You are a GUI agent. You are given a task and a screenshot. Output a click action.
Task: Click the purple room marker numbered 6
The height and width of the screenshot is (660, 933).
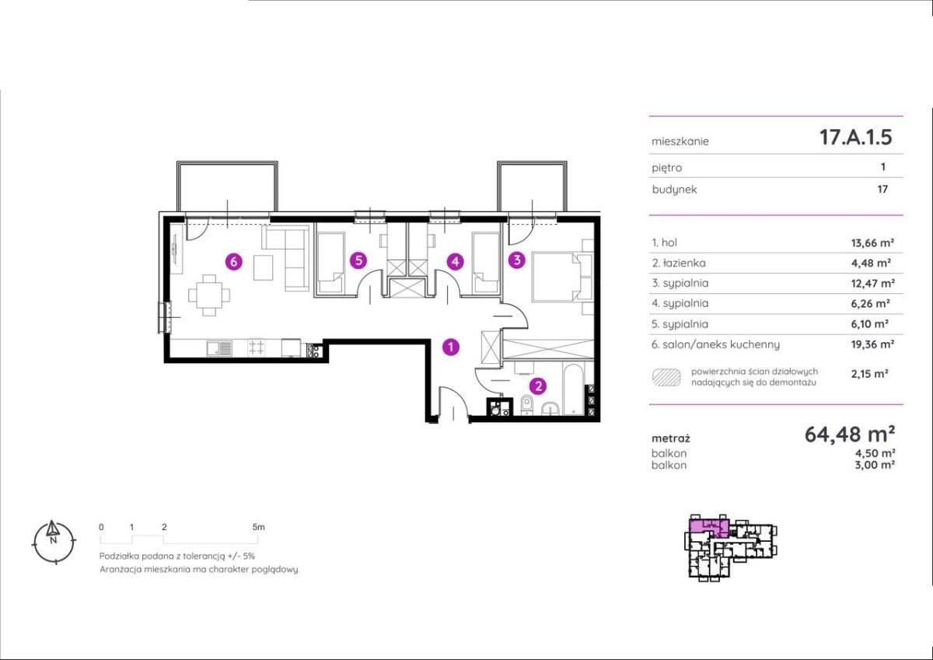coord(233,262)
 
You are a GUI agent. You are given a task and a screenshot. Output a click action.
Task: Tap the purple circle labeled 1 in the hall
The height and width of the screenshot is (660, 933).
coord(451,347)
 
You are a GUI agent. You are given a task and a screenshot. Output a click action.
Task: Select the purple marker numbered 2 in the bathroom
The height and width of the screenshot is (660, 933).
coord(538,386)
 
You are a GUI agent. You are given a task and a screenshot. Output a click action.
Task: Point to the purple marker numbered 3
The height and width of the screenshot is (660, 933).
coord(517,260)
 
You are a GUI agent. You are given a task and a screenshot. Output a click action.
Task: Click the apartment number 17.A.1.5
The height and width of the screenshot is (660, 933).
coord(855,137)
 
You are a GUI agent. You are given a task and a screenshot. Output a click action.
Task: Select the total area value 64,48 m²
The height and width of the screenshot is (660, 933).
coord(850,435)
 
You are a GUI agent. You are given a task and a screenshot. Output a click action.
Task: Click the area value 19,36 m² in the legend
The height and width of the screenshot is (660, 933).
coord(872,344)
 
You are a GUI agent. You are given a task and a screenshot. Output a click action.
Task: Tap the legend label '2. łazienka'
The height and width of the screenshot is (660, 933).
coord(679,263)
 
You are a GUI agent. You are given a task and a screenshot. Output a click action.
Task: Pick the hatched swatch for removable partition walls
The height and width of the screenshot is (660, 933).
coord(666,377)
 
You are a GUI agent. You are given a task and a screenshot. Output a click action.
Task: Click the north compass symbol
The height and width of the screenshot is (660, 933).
coord(54,542)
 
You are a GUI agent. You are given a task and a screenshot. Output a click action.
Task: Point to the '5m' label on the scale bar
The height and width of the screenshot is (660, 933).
coord(258,527)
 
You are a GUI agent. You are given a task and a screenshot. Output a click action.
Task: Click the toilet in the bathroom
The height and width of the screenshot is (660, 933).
coord(527,405)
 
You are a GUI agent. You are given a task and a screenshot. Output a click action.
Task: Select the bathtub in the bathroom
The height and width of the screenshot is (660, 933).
coord(573,389)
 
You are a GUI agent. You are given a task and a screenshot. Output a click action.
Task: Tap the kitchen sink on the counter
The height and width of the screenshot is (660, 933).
coord(220,348)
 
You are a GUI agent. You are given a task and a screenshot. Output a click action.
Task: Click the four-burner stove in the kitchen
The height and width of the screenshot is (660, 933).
coord(257,347)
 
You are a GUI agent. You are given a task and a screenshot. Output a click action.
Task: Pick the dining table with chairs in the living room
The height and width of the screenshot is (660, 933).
coord(208,295)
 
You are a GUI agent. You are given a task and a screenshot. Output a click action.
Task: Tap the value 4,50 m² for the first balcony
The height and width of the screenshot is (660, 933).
coord(875,452)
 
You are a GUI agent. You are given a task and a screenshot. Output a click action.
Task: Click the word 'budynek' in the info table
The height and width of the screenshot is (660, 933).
coord(674,190)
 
